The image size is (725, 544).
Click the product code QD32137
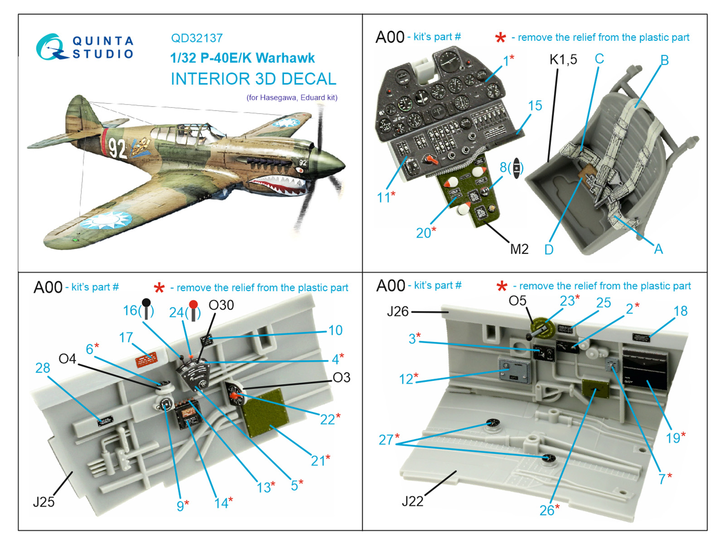197,38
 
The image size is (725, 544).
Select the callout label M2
519,249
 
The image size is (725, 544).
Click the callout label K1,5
563,59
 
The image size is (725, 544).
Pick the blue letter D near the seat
549,250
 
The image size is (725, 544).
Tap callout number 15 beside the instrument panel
535,106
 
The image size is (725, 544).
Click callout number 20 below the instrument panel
423,233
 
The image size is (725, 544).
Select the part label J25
44,502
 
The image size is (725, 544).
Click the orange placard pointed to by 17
146,360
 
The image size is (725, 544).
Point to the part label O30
221,305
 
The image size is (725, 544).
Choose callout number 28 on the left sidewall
43,368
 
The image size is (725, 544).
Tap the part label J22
412,501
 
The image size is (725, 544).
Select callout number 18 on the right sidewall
680,311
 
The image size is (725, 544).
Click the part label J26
397,311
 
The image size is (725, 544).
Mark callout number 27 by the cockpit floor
387,439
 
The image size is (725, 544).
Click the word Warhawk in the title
285,58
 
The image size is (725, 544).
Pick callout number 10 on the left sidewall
335,330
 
